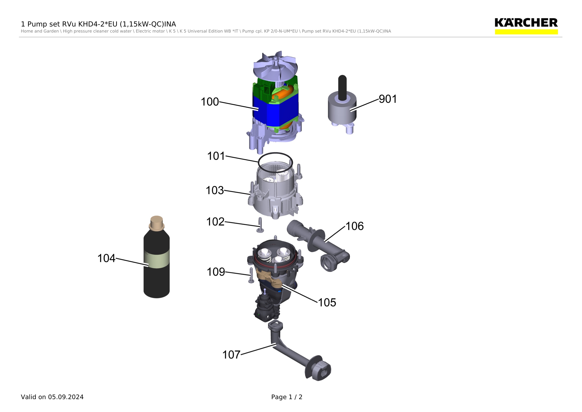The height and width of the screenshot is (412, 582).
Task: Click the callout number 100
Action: coord(210,102)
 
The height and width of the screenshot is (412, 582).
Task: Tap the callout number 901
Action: coord(388,99)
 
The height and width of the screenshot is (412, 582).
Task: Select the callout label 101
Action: coord(216,156)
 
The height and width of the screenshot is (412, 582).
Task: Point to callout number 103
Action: coord(215,190)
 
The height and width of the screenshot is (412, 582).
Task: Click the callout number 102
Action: coord(215,222)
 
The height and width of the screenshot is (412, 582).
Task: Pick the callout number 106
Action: coord(355,226)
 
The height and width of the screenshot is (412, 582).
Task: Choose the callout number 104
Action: coord(106,258)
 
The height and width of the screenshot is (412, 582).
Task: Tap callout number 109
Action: coord(216,272)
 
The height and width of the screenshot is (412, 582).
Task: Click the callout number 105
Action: coord(327,303)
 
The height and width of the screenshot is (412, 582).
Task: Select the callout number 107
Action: coord(231,355)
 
